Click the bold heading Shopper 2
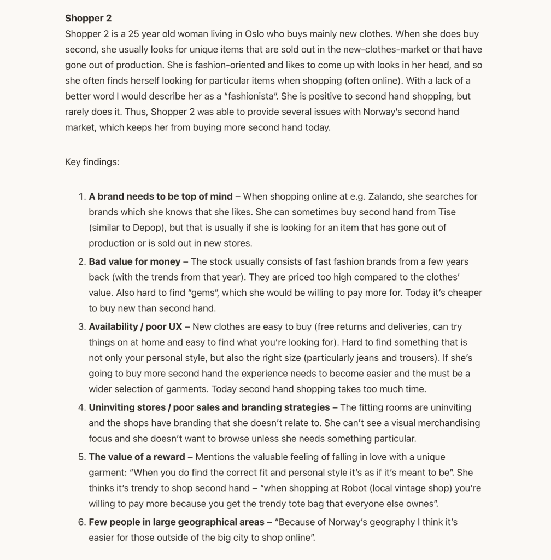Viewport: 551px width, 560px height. click(88, 18)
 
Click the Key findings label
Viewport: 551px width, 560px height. click(92, 162)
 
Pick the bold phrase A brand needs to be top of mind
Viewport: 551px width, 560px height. click(161, 196)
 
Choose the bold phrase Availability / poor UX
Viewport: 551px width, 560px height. click(136, 326)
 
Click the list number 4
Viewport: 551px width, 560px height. click(81, 407)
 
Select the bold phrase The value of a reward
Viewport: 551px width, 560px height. click(137, 457)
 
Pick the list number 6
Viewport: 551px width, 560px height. click(81, 522)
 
